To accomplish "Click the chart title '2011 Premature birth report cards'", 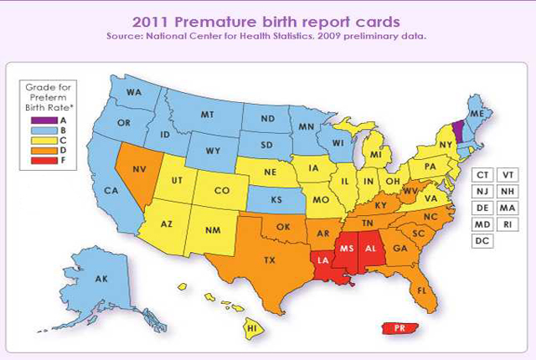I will tap(267, 21).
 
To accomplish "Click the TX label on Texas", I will tap(269, 260).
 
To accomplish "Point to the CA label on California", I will tap(133, 191).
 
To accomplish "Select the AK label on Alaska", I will tap(100, 279).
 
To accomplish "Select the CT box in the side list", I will tap(482, 174).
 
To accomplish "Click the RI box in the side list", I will tap(508, 224).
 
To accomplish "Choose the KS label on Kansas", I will tap(276, 201).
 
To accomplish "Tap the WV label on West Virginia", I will tap(410, 192).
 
